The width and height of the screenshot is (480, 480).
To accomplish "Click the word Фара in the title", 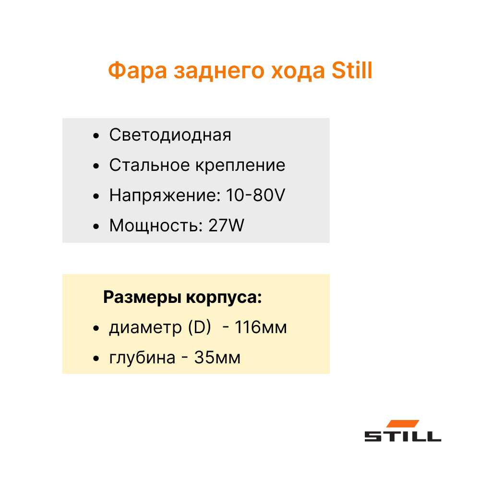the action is pyautogui.click(x=137, y=71).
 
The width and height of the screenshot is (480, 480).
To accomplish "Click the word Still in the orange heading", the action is pyautogui.click(x=352, y=70).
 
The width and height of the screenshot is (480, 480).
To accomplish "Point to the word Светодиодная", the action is pyautogui.click(x=170, y=135).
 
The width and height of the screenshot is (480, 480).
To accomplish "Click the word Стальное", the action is pyautogui.click(x=150, y=165).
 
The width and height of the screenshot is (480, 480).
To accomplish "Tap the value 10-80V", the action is pyautogui.click(x=255, y=195).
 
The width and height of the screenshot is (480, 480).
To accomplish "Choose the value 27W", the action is pyautogui.click(x=226, y=225).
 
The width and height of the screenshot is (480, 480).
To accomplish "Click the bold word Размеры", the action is pyautogui.click(x=143, y=297).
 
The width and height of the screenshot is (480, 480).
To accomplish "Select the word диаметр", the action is pyautogui.click(x=146, y=328).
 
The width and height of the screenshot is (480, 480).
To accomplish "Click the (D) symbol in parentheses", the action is pyautogui.click(x=200, y=327).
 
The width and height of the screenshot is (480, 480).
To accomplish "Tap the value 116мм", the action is pyautogui.click(x=261, y=327).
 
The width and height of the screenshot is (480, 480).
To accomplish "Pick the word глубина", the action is pyautogui.click(x=143, y=358).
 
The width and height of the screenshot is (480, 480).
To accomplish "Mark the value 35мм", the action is pyautogui.click(x=217, y=357).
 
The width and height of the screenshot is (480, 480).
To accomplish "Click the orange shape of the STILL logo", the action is pyautogui.click(x=403, y=424).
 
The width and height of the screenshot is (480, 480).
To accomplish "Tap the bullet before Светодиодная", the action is pyautogui.click(x=96, y=136).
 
